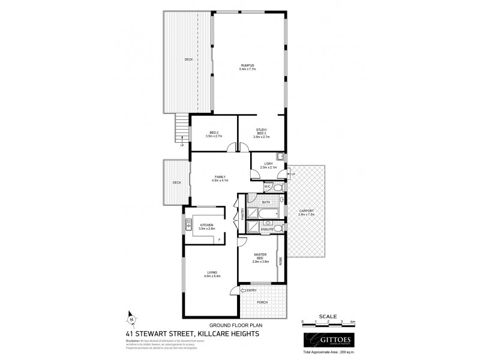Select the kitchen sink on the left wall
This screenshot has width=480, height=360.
pyautogui.click(x=188, y=226)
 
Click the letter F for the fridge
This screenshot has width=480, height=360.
pyautogui.click(x=220, y=240)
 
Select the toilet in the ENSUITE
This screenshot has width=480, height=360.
pyautogui.click(x=280, y=228)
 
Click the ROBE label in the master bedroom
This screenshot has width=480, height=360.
pyautogui.click(x=280, y=261)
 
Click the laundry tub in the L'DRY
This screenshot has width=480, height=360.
pyautogui.click(x=280, y=158)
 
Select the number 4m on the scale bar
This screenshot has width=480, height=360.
pyautogui.click(x=352, y=322)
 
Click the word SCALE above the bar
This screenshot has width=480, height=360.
pyautogui.click(x=328, y=316)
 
